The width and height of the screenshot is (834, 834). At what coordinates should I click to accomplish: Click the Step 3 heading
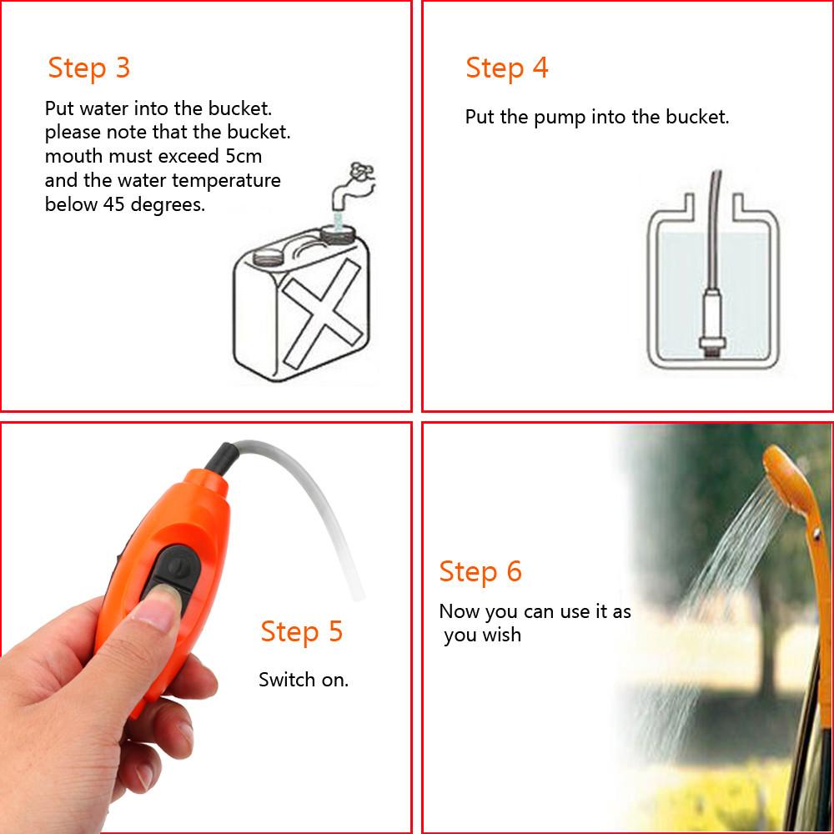tap(89, 68)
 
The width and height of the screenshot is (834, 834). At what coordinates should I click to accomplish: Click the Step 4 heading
tap(507, 68)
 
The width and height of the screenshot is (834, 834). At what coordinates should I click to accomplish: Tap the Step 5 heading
tap(301, 631)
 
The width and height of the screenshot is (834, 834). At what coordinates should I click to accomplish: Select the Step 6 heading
tap(480, 571)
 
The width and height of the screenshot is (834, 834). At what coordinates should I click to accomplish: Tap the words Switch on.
tap(304, 680)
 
